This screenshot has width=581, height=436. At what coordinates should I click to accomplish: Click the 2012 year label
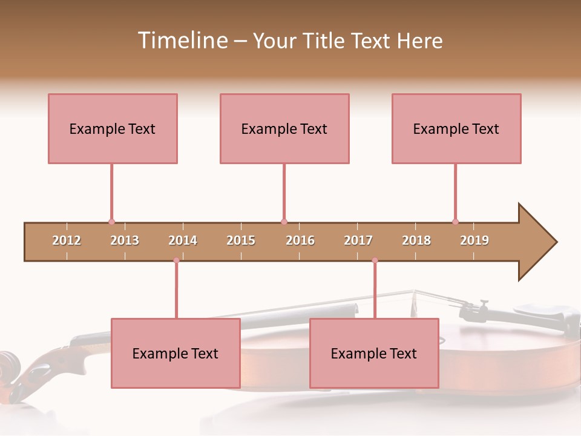click(67, 240)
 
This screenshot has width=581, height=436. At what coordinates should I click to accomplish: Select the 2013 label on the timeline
click(125, 240)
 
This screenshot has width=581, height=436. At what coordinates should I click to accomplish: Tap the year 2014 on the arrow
click(183, 240)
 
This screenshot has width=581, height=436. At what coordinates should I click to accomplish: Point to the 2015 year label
click(241, 240)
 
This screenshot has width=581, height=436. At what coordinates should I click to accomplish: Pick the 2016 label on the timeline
click(300, 240)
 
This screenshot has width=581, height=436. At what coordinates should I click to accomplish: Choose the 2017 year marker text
click(358, 240)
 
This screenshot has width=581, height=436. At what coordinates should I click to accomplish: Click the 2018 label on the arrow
click(416, 240)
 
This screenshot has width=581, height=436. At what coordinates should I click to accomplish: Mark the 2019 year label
click(474, 240)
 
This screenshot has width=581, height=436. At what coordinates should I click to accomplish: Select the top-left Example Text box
click(113, 128)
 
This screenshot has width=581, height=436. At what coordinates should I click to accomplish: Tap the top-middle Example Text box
click(284, 128)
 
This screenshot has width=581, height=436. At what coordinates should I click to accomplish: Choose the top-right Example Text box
click(456, 128)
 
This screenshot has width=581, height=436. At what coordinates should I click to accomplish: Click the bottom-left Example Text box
click(176, 353)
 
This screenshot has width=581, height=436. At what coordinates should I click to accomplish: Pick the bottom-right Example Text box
click(374, 353)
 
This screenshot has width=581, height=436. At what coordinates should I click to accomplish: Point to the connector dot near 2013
click(111, 222)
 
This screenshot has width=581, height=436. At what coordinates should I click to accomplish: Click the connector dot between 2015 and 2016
click(284, 222)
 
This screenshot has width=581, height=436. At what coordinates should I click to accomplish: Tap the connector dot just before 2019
click(455, 222)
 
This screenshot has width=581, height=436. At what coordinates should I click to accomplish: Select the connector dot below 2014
click(176, 260)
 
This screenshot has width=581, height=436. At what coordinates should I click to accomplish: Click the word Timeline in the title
click(182, 41)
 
